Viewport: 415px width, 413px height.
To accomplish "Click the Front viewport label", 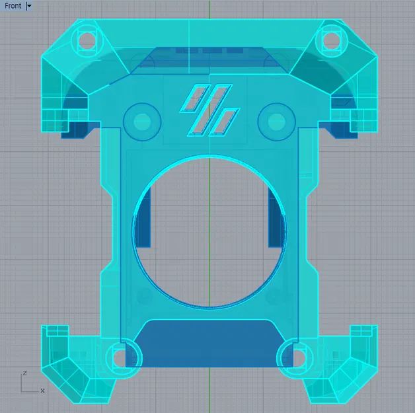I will pos(13,6).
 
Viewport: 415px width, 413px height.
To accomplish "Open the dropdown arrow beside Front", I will pos(29,6).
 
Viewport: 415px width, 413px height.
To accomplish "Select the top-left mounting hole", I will pos(86,40).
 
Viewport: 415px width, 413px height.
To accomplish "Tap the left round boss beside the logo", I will pos(142,121).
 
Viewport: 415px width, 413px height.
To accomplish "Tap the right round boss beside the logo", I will pos(276,121).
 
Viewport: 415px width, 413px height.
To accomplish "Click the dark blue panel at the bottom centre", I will pos(209,344).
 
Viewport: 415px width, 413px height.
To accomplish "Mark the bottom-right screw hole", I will pos(291,356).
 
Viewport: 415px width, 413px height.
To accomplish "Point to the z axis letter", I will pos(24,373).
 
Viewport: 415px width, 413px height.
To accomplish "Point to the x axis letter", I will pos(42,390).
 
